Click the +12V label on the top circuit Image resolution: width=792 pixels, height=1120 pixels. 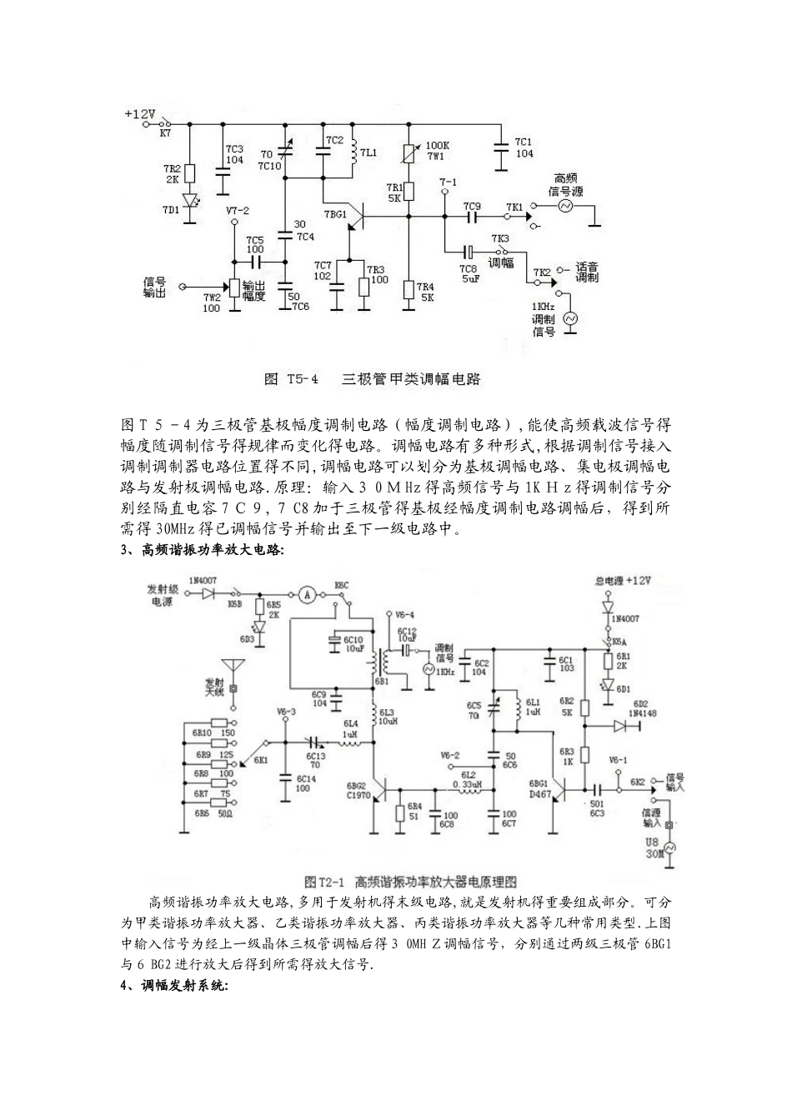click(140, 113)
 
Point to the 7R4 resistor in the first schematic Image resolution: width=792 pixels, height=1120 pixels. click(409, 290)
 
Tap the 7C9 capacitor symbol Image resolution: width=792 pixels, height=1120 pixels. click(472, 218)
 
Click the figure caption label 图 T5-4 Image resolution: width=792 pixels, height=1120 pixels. click(292, 379)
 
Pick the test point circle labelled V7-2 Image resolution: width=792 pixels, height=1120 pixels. click(234, 222)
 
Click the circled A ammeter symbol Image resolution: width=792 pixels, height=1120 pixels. click(308, 594)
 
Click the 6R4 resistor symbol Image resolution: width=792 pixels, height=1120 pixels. click(401, 813)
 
